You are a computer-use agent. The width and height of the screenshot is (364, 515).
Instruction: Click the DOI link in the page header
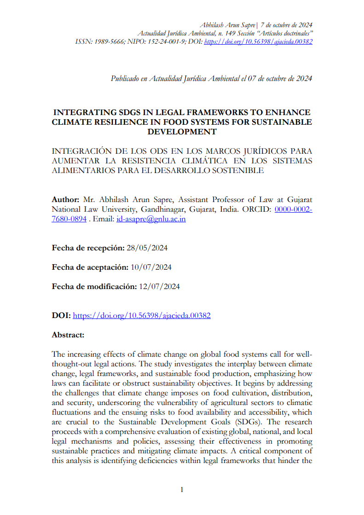[258, 41]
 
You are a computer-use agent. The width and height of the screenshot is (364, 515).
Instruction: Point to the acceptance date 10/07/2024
[151, 267]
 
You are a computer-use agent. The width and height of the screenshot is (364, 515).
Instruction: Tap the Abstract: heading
[68, 335]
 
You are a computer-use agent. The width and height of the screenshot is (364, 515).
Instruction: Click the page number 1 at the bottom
[182, 490]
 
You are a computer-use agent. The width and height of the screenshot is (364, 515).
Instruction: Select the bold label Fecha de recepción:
[88, 248]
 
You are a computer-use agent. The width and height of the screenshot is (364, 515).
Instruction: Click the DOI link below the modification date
[142, 316]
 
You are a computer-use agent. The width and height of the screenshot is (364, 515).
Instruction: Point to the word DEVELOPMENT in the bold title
[182, 131]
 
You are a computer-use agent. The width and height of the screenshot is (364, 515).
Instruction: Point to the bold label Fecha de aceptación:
[90, 267]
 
